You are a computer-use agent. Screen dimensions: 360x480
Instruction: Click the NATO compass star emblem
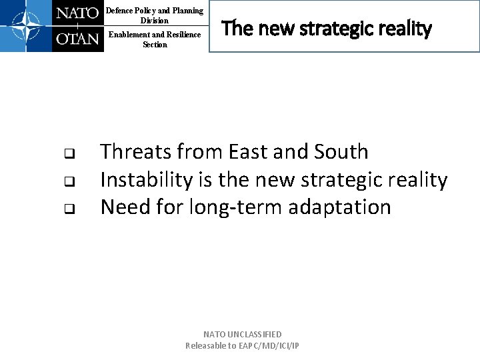pos(25,26)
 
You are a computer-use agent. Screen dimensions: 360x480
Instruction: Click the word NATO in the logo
pos(77,13)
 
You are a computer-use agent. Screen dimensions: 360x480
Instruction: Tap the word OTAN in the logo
pos(77,38)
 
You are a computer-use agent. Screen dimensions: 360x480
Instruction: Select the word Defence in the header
pos(120,11)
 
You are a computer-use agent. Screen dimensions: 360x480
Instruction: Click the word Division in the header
pos(155,20)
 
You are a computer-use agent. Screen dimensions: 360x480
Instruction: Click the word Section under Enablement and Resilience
pos(155,45)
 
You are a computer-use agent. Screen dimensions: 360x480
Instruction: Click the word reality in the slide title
pos(407,29)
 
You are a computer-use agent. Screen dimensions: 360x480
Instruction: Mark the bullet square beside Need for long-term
pos(69,209)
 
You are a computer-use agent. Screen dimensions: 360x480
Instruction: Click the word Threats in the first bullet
pos(136,152)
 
